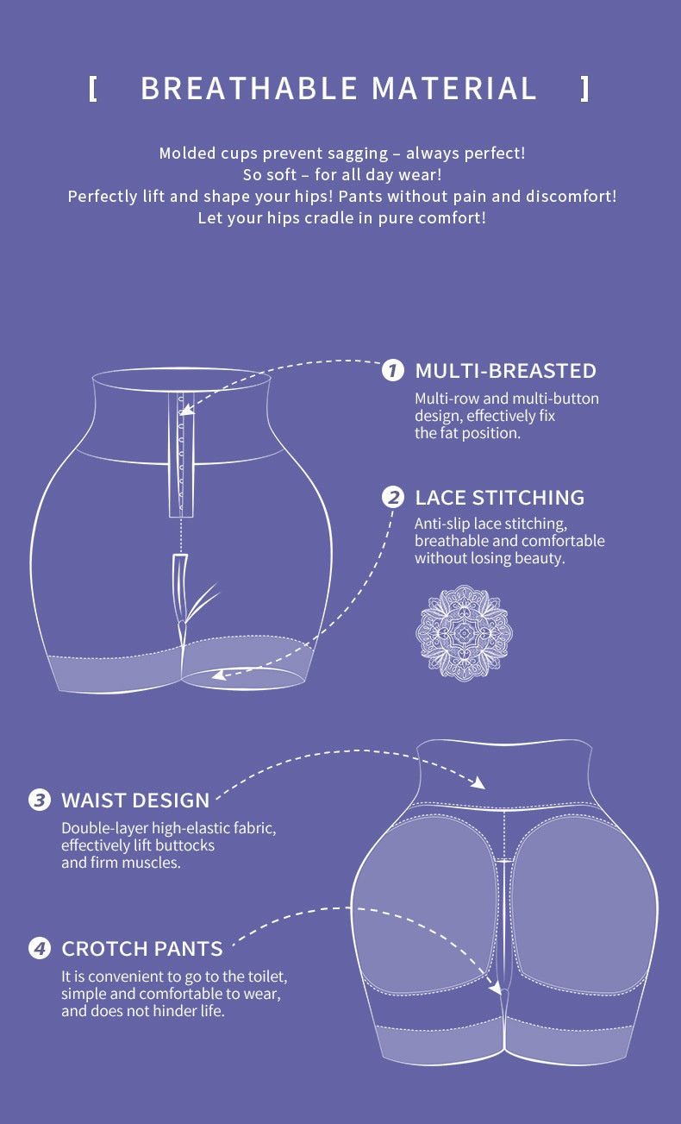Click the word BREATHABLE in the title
point(249,89)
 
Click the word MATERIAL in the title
point(454,89)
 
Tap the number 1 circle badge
point(392,371)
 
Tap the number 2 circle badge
point(392,498)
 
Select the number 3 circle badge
point(40,800)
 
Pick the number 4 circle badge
point(40,949)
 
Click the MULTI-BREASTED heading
point(505,371)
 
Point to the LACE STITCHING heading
point(499,498)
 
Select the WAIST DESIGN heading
point(135,800)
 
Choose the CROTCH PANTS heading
point(142,949)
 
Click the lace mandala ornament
point(464,633)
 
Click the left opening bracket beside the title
point(93,89)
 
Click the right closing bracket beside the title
point(585,89)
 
